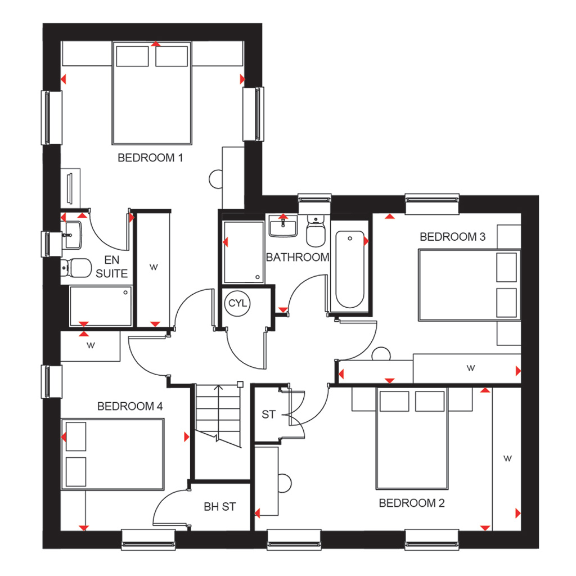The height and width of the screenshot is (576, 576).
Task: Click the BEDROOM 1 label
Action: (150, 157)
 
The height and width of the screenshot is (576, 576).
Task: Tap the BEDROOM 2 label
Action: (411, 503)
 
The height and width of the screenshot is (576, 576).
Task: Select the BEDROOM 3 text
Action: (452, 237)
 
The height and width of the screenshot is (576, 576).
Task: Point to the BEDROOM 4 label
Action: (130, 406)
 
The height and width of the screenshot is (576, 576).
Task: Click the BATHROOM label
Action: (298, 257)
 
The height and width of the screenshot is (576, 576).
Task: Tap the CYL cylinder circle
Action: (237, 303)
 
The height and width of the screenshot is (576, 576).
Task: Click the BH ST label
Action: (220, 507)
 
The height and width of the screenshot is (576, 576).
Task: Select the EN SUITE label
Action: (112, 267)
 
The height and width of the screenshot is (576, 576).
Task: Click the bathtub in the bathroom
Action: (350, 269)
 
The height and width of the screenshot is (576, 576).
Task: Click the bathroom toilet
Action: (316, 231)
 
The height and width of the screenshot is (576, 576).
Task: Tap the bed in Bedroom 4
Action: (112, 454)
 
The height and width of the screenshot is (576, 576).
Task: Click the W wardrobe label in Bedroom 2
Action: (507, 458)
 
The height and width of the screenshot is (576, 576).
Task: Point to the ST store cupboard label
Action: (268, 415)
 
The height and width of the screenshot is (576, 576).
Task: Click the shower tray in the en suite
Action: (101, 307)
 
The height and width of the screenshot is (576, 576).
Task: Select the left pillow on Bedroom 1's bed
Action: (132, 56)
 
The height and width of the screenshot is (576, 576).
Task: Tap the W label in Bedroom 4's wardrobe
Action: (91, 345)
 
